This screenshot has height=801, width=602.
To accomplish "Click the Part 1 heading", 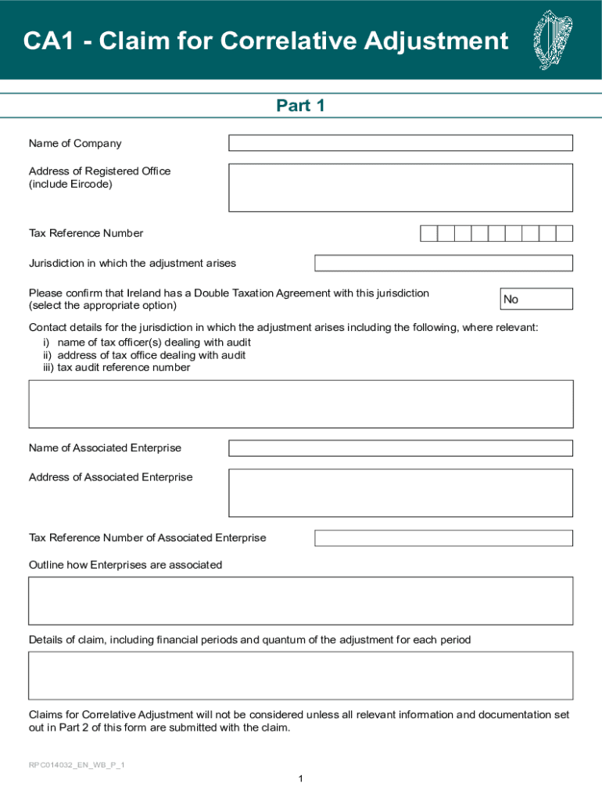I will tap(300, 106).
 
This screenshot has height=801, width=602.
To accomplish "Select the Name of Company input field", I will tap(400, 143).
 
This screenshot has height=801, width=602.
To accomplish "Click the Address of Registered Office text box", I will tap(400, 188).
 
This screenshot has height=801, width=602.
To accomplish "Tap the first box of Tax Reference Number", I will tap(428, 233).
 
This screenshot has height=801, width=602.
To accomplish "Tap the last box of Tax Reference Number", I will tap(564, 233).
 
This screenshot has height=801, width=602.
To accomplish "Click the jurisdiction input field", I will tap(443, 263).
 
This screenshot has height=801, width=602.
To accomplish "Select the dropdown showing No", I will tap(536, 299).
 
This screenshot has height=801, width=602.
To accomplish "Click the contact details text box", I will tap(301, 404).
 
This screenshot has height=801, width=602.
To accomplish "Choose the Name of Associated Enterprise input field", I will tap(400, 448).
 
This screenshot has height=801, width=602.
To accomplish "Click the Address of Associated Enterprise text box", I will tap(400, 493).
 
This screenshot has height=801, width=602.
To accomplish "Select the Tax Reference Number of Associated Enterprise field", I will tap(443, 538).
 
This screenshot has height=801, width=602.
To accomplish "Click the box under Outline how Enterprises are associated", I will tap(301, 601).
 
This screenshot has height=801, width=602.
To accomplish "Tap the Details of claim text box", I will tap(301, 675).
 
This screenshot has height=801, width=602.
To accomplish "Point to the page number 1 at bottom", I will tap(300, 778).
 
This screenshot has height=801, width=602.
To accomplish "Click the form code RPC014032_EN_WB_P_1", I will tap(77, 764).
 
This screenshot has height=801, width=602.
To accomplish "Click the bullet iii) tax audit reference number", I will tap(116, 367).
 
